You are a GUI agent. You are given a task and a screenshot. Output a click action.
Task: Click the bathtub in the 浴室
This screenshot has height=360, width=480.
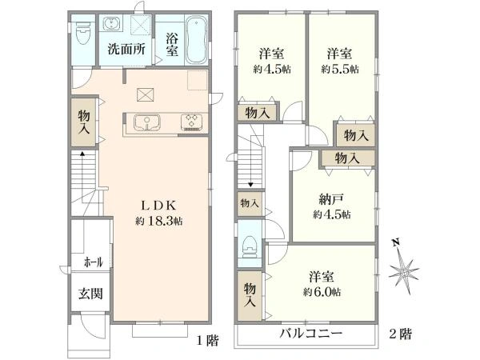tap(197, 41)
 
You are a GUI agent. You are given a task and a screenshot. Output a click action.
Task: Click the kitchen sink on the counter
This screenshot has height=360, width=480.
tap(147, 122)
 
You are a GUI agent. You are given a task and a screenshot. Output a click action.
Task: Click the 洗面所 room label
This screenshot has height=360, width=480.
tap(126, 49)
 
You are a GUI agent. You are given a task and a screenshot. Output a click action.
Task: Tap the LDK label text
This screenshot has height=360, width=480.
tap(158, 206)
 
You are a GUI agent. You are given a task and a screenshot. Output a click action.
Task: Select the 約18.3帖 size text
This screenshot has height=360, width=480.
tap(159, 221)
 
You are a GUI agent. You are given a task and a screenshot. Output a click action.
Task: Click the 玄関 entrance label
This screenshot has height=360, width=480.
tap(90, 294)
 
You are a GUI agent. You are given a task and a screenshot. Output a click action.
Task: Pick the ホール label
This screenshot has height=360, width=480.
tap(93, 262)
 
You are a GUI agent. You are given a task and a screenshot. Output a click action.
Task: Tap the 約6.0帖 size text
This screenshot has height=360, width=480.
tap(322, 292)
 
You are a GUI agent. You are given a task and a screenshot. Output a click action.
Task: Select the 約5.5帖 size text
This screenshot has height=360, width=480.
tap(340, 69)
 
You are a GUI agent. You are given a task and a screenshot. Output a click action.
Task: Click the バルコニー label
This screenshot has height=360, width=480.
tap(310, 334)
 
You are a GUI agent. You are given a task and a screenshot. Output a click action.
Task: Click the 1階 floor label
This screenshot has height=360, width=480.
tap(208, 341)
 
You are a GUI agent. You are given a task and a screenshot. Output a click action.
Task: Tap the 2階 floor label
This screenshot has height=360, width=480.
tap(401, 334)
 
